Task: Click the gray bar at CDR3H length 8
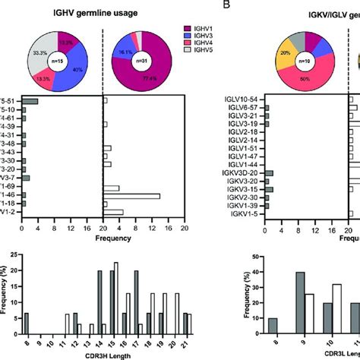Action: [26, 323]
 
